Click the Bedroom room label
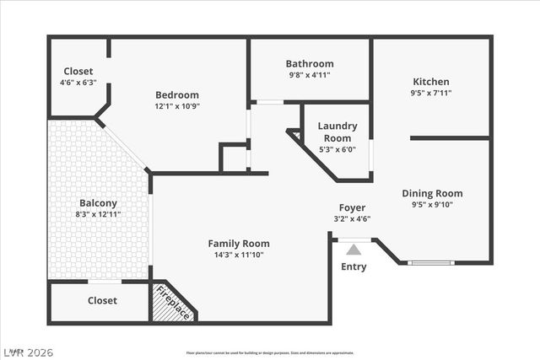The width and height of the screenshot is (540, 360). click(177, 94)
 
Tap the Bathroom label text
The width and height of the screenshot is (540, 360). click(309, 63)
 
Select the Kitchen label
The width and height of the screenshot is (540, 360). click(430, 82)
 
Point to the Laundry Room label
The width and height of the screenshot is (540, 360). click(337, 132)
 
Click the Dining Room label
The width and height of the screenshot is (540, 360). click(432, 193)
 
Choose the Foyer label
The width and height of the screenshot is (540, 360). click(352, 207)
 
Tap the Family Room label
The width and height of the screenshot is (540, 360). click(239, 244)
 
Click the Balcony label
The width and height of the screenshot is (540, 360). click(98, 203)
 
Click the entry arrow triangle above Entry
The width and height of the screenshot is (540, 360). click(354, 249)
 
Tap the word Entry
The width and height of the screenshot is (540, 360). click(354, 267)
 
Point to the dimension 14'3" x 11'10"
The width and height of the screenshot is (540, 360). click(239, 255)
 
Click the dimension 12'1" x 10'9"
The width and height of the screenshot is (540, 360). click(177, 106)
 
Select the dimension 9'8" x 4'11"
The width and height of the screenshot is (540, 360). click(309, 75)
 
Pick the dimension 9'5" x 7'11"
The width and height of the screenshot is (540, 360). click(430, 94)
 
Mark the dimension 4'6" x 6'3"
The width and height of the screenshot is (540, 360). click(78, 83)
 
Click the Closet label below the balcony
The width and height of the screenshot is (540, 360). click(102, 300)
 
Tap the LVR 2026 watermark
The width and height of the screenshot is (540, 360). click(27, 352)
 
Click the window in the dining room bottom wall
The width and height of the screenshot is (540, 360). click(430, 263)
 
